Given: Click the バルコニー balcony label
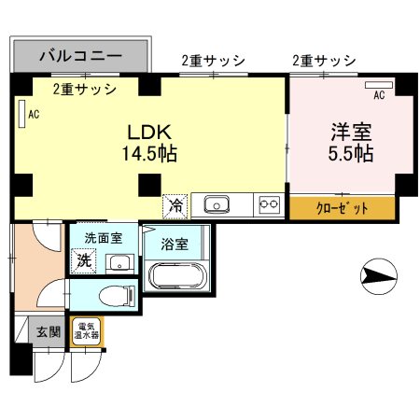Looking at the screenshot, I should point(80,56).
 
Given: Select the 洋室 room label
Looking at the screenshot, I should point(349,131).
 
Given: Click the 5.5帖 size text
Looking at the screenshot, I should point(349,152).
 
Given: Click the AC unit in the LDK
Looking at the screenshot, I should point(21,113).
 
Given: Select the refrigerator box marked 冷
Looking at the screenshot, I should point(175,204).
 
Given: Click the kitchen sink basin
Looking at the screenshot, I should point(217,204).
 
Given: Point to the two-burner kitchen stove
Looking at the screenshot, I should point(269,204).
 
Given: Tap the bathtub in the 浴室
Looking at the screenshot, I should point(179,277).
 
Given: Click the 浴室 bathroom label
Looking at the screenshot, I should point(175,245).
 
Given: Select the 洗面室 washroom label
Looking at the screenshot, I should point(104,238).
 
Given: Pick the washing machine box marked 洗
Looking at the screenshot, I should point(85,261).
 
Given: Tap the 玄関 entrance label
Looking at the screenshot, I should point(48,330).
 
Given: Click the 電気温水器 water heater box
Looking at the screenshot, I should point(87,331).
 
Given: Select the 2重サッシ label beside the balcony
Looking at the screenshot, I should point(84,90).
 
